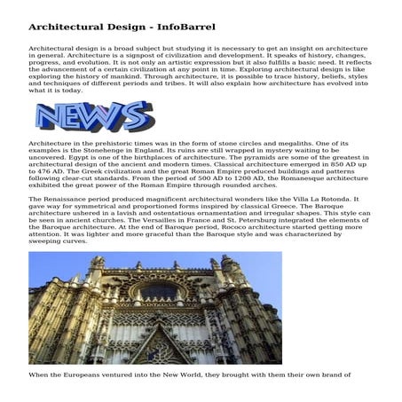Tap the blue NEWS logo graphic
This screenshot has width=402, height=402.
point(90,117)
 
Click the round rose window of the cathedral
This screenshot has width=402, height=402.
point(161,294)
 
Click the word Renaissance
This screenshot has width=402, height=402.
point(67,203)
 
